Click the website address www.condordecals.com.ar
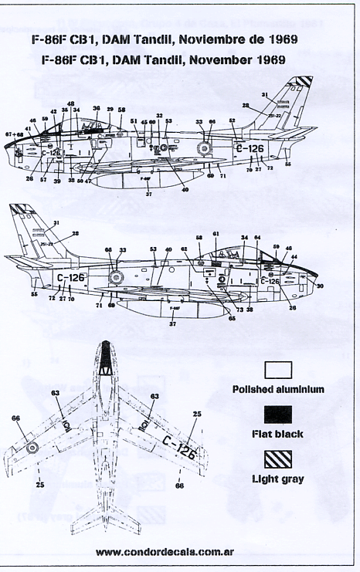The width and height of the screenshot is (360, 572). [180, 553]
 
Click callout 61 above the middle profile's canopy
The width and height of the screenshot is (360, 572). [216, 233]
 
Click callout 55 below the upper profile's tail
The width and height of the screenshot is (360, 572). [288, 164]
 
